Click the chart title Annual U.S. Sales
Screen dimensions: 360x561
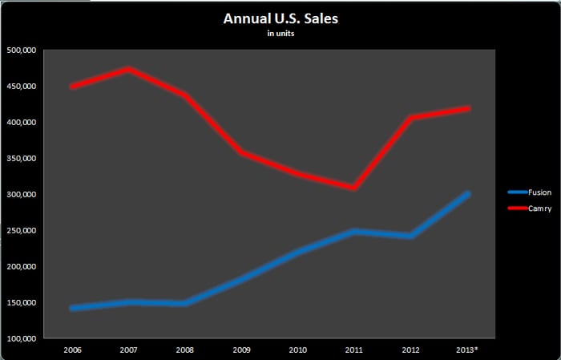[x=280, y=18]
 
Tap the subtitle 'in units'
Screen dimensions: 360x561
[x=280, y=34]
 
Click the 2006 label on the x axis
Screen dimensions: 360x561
[x=72, y=350]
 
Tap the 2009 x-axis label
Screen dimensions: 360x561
[x=241, y=350]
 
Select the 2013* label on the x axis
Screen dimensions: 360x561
[x=466, y=350]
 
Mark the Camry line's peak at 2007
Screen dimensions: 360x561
[x=129, y=69]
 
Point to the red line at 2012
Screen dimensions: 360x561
[x=410, y=118]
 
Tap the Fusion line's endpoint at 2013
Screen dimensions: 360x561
[x=466, y=194]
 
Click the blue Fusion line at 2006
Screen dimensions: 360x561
[x=73, y=308]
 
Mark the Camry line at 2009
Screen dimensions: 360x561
[x=241, y=152]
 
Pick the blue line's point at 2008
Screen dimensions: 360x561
[x=185, y=303]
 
